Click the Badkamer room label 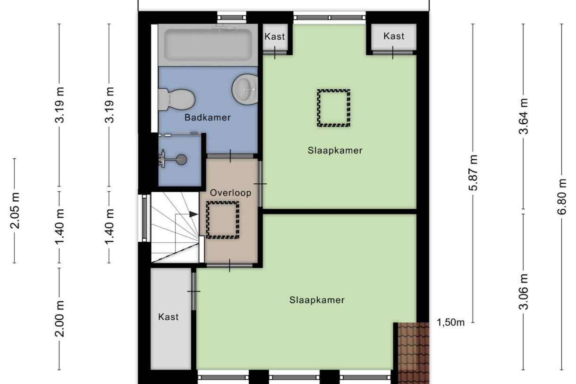tap(208, 118)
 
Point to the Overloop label tap(230, 193)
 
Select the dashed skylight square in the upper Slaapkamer tap(333, 108)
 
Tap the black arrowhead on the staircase tap(193, 214)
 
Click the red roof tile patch tap(411, 352)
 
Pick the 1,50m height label tap(451, 323)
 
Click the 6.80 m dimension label tap(562, 196)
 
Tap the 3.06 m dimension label tap(523, 291)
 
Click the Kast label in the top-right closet tap(393, 36)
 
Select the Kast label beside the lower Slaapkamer tap(169, 317)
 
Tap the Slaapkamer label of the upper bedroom tap(335, 151)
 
